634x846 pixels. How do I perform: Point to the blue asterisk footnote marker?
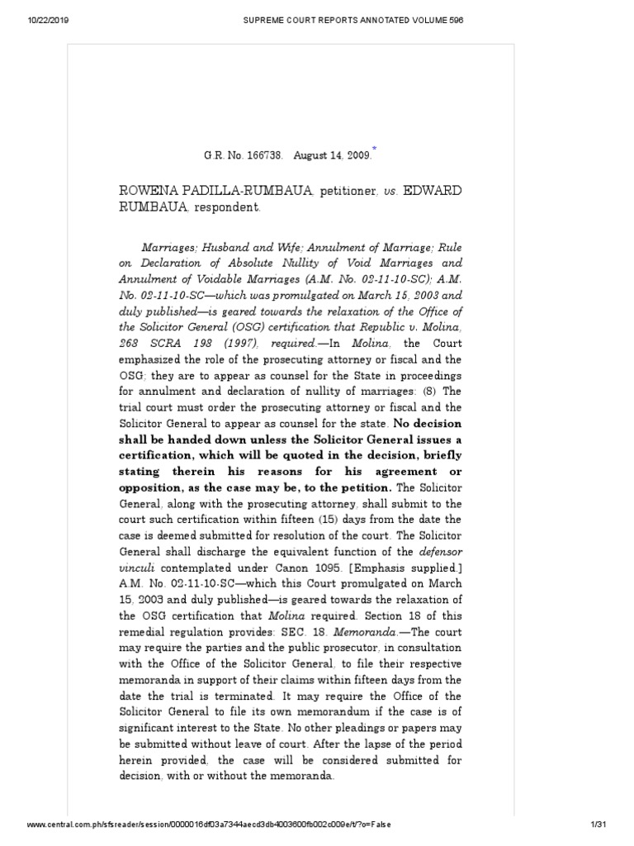tap(374, 146)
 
